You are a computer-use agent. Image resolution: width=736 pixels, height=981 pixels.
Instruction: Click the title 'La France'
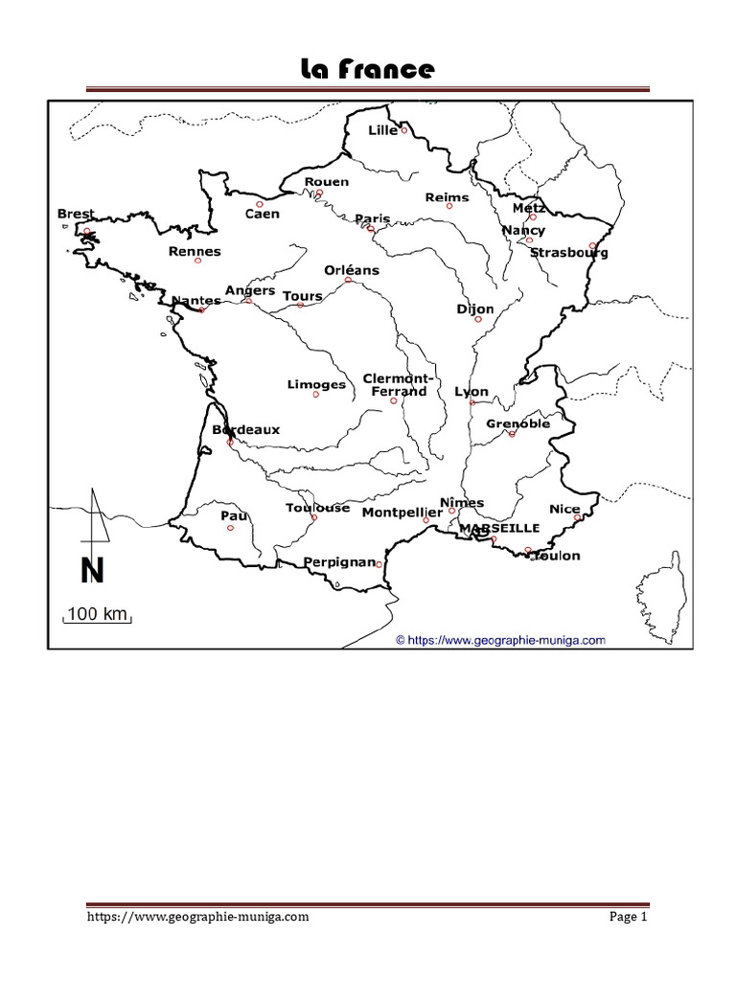click(368, 69)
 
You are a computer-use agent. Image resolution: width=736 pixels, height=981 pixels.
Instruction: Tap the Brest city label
click(76, 215)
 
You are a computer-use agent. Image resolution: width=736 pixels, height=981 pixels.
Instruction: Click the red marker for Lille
click(404, 129)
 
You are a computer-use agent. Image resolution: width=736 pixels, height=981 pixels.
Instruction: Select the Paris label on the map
click(372, 218)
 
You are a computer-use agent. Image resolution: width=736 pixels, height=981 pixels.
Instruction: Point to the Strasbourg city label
click(568, 253)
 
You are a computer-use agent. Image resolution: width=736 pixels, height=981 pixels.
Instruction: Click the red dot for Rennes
click(198, 261)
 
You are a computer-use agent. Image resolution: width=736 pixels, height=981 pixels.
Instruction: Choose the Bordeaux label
click(246, 430)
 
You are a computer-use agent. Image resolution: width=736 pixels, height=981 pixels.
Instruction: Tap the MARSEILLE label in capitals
click(498, 528)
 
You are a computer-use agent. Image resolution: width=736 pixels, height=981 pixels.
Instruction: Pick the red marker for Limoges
click(315, 395)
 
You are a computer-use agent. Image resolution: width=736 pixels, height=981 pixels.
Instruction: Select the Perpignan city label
click(338, 562)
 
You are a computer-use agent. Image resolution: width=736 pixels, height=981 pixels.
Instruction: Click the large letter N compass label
click(92, 571)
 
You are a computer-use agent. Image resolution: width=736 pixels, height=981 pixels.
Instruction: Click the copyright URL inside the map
click(501, 638)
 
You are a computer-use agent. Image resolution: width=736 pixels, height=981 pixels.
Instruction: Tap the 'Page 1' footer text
click(630, 917)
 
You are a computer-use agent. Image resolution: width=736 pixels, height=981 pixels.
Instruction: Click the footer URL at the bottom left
click(197, 917)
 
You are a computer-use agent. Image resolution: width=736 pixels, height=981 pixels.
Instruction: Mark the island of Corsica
click(661, 589)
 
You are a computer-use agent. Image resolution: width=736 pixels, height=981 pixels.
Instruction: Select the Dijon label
click(475, 308)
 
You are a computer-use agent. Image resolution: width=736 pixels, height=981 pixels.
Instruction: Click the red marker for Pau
click(230, 527)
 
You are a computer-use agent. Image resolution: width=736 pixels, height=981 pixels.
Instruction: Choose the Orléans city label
click(352, 270)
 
